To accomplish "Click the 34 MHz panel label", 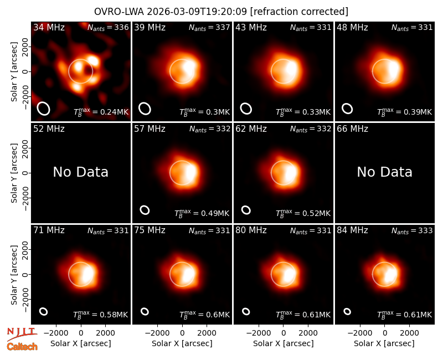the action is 49,27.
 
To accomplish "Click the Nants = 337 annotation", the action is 209,27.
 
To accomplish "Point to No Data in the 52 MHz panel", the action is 81,172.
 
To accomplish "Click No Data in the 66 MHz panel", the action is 384,172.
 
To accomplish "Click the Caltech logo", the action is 22,347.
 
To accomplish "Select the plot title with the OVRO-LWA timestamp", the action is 221,12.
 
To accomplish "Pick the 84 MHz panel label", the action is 352,230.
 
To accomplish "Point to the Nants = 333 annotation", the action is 412,230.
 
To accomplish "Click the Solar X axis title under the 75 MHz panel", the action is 182,343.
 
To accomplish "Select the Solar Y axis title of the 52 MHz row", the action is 14,173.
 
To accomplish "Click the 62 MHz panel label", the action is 251,129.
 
